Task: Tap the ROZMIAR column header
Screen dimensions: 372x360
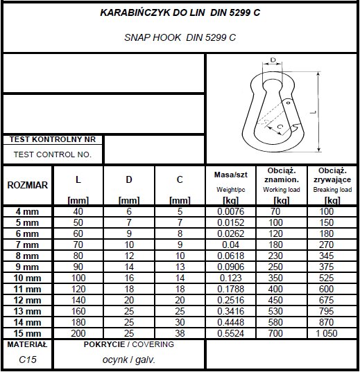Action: click(x=28, y=185)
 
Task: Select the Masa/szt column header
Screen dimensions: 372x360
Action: click(x=230, y=175)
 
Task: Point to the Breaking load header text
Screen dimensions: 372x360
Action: click(x=332, y=189)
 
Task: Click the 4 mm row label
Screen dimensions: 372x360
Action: click(x=28, y=211)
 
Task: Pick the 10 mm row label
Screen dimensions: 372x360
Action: click(x=28, y=277)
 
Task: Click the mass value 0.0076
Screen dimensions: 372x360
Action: click(x=230, y=211)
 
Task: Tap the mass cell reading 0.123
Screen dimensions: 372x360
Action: click(x=230, y=277)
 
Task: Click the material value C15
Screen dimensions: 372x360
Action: click(x=26, y=360)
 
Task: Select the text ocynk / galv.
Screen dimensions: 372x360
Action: click(x=130, y=360)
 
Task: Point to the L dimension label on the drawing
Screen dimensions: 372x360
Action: click(x=314, y=111)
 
